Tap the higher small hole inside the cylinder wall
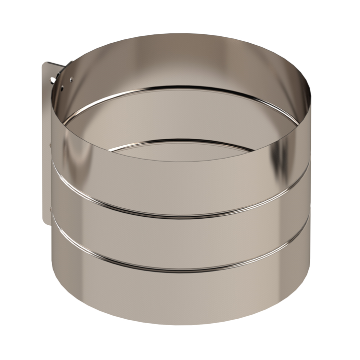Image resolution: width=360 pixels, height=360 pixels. [x=71, y=79]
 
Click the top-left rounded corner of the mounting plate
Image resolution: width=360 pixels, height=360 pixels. [x=45, y=64]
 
